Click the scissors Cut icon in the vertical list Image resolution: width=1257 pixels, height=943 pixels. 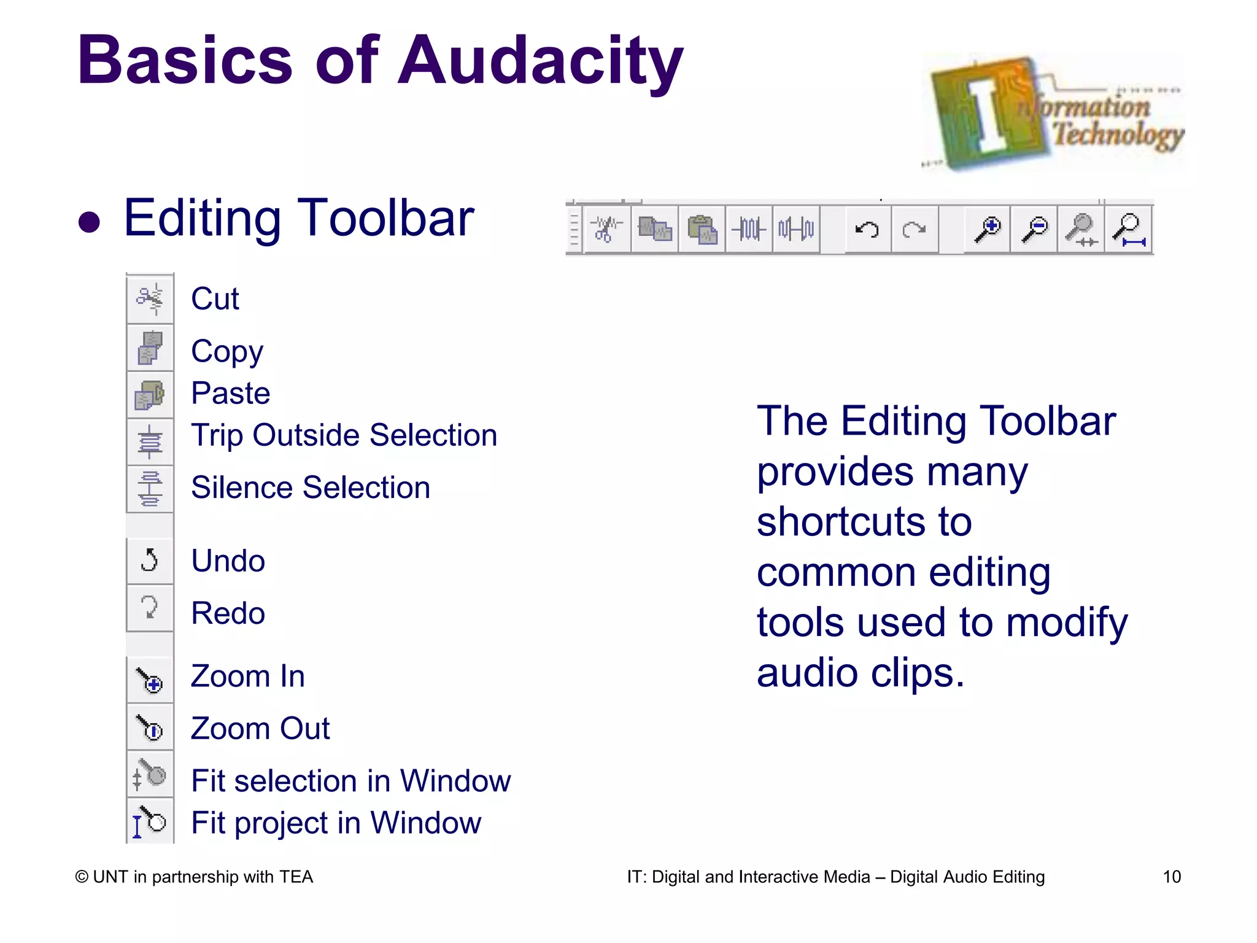click(150, 299)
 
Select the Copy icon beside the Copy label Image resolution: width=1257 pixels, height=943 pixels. click(150, 348)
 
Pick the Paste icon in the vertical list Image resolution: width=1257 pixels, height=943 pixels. click(150, 395)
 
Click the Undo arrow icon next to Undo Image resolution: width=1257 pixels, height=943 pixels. click(150, 560)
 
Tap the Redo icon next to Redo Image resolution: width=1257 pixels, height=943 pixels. click(150, 608)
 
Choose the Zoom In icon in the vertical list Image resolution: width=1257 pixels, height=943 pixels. click(150, 680)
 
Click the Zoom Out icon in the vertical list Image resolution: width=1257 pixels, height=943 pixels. click(150, 728)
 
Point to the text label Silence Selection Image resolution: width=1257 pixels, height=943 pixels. click(311, 488)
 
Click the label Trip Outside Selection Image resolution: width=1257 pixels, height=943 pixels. click(344, 436)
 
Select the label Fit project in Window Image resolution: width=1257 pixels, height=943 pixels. click(336, 823)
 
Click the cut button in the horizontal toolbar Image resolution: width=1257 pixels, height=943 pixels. click(606, 230)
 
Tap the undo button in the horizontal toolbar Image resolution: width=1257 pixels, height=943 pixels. click(867, 230)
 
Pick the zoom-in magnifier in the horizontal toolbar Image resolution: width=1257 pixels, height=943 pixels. click(988, 230)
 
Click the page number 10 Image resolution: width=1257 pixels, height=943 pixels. click(1172, 877)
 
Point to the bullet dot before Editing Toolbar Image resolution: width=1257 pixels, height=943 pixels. click(90, 222)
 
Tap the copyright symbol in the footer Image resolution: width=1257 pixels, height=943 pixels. click(82, 877)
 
